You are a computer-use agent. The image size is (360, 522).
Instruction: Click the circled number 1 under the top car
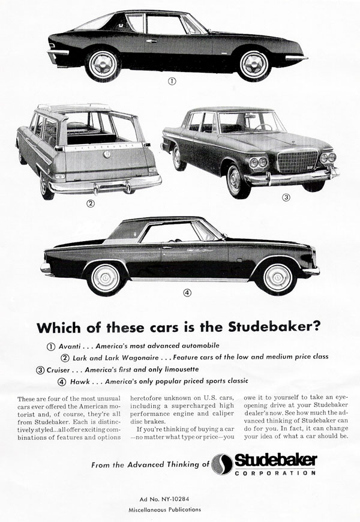[172, 82]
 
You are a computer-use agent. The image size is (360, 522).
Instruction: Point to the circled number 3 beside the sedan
[287, 197]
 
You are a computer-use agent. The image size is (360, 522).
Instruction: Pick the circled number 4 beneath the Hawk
[187, 293]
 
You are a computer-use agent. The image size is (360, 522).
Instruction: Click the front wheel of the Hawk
[276, 276]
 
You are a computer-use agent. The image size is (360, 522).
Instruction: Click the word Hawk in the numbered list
[81, 381]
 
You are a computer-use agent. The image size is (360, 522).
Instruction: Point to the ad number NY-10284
[180, 497]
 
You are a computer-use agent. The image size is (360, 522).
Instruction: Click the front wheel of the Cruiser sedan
[236, 178]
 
